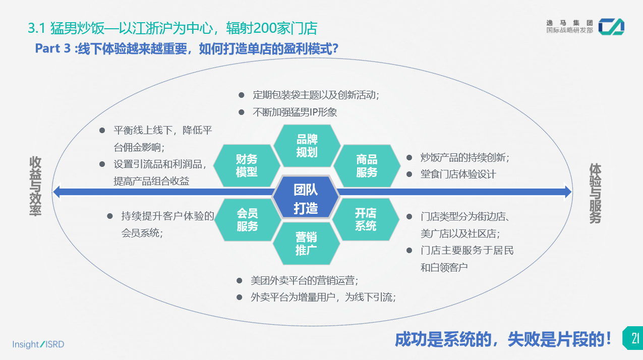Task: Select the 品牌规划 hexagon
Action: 307,146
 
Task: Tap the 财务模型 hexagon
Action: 247,165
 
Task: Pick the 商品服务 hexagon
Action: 367,165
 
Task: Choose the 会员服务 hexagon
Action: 247,220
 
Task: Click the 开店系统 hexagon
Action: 366,219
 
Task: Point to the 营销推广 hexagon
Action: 306,244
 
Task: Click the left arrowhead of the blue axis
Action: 57,192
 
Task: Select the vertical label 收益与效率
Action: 35,186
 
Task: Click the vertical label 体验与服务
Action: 595,193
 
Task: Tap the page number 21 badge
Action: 633,337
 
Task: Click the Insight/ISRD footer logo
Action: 38,344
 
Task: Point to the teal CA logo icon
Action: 611,27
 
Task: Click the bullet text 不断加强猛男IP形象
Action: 295,112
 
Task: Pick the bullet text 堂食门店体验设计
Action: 458,174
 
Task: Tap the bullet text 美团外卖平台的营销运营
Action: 304,281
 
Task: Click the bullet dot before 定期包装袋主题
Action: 242,94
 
